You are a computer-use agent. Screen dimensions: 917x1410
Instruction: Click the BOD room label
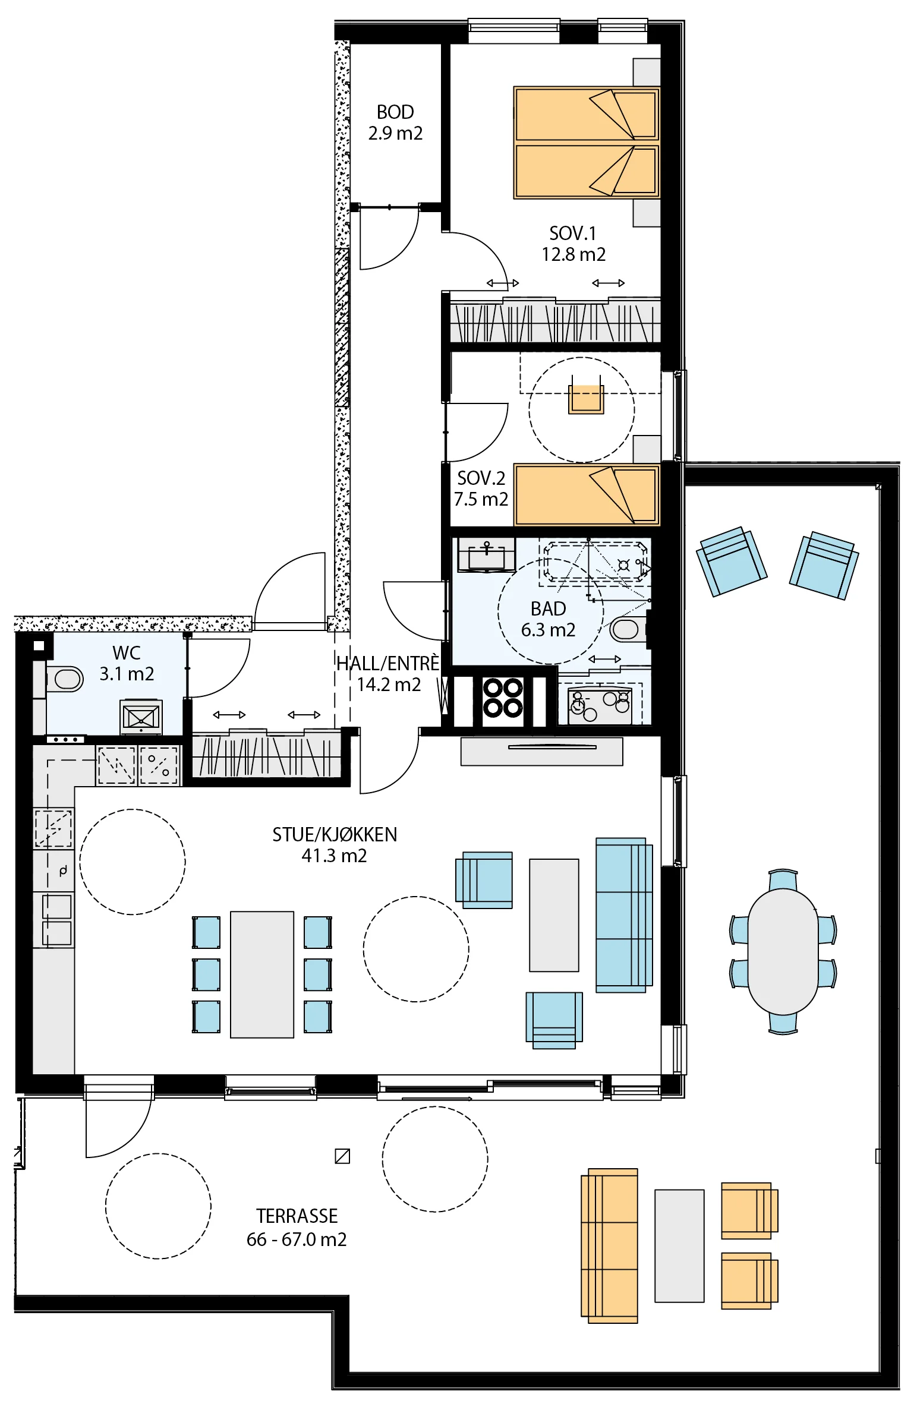click(x=395, y=112)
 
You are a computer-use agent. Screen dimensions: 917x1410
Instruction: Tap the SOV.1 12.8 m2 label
click(x=573, y=244)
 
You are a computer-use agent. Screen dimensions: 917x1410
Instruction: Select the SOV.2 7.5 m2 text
click(x=481, y=488)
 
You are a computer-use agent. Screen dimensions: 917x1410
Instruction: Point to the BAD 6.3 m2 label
click(x=548, y=619)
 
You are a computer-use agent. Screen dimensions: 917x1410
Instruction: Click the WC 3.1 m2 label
click(x=127, y=663)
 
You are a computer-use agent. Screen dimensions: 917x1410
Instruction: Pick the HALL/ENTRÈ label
click(x=388, y=663)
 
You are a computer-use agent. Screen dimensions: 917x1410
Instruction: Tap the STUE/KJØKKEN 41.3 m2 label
click(x=335, y=845)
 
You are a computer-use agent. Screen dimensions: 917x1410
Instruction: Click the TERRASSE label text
click(x=297, y=1216)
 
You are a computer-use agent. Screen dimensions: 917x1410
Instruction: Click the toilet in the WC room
click(x=64, y=679)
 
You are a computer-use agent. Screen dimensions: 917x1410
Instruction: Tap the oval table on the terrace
click(x=783, y=951)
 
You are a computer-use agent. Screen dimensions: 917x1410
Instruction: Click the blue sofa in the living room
click(x=624, y=915)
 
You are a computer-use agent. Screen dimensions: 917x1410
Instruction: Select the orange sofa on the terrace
click(x=609, y=1245)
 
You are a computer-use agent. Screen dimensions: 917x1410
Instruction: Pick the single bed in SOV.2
click(x=587, y=495)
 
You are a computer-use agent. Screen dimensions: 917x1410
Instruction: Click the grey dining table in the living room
click(x=262, y=974)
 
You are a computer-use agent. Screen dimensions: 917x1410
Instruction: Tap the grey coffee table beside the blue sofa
click(x=554, y=915)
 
